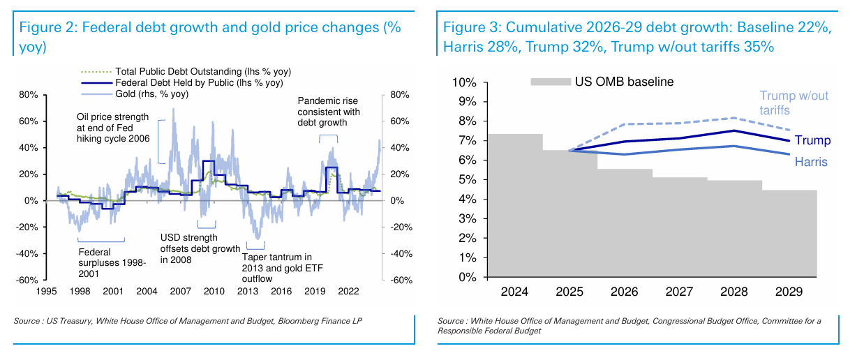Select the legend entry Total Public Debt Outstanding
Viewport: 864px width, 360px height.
tap(203, 72)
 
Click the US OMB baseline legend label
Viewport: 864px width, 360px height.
tap(624, 82)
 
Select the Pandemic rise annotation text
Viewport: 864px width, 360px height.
tap(329, 112)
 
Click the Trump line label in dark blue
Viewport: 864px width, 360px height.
tap(812, 141)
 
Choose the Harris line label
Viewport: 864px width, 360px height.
tap(811, 162)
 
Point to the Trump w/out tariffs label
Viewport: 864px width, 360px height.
tap(794, 103)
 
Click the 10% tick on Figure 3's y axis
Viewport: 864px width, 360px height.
tap(463, 82)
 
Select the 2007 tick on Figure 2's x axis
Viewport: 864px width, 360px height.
tap(179, 291)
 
